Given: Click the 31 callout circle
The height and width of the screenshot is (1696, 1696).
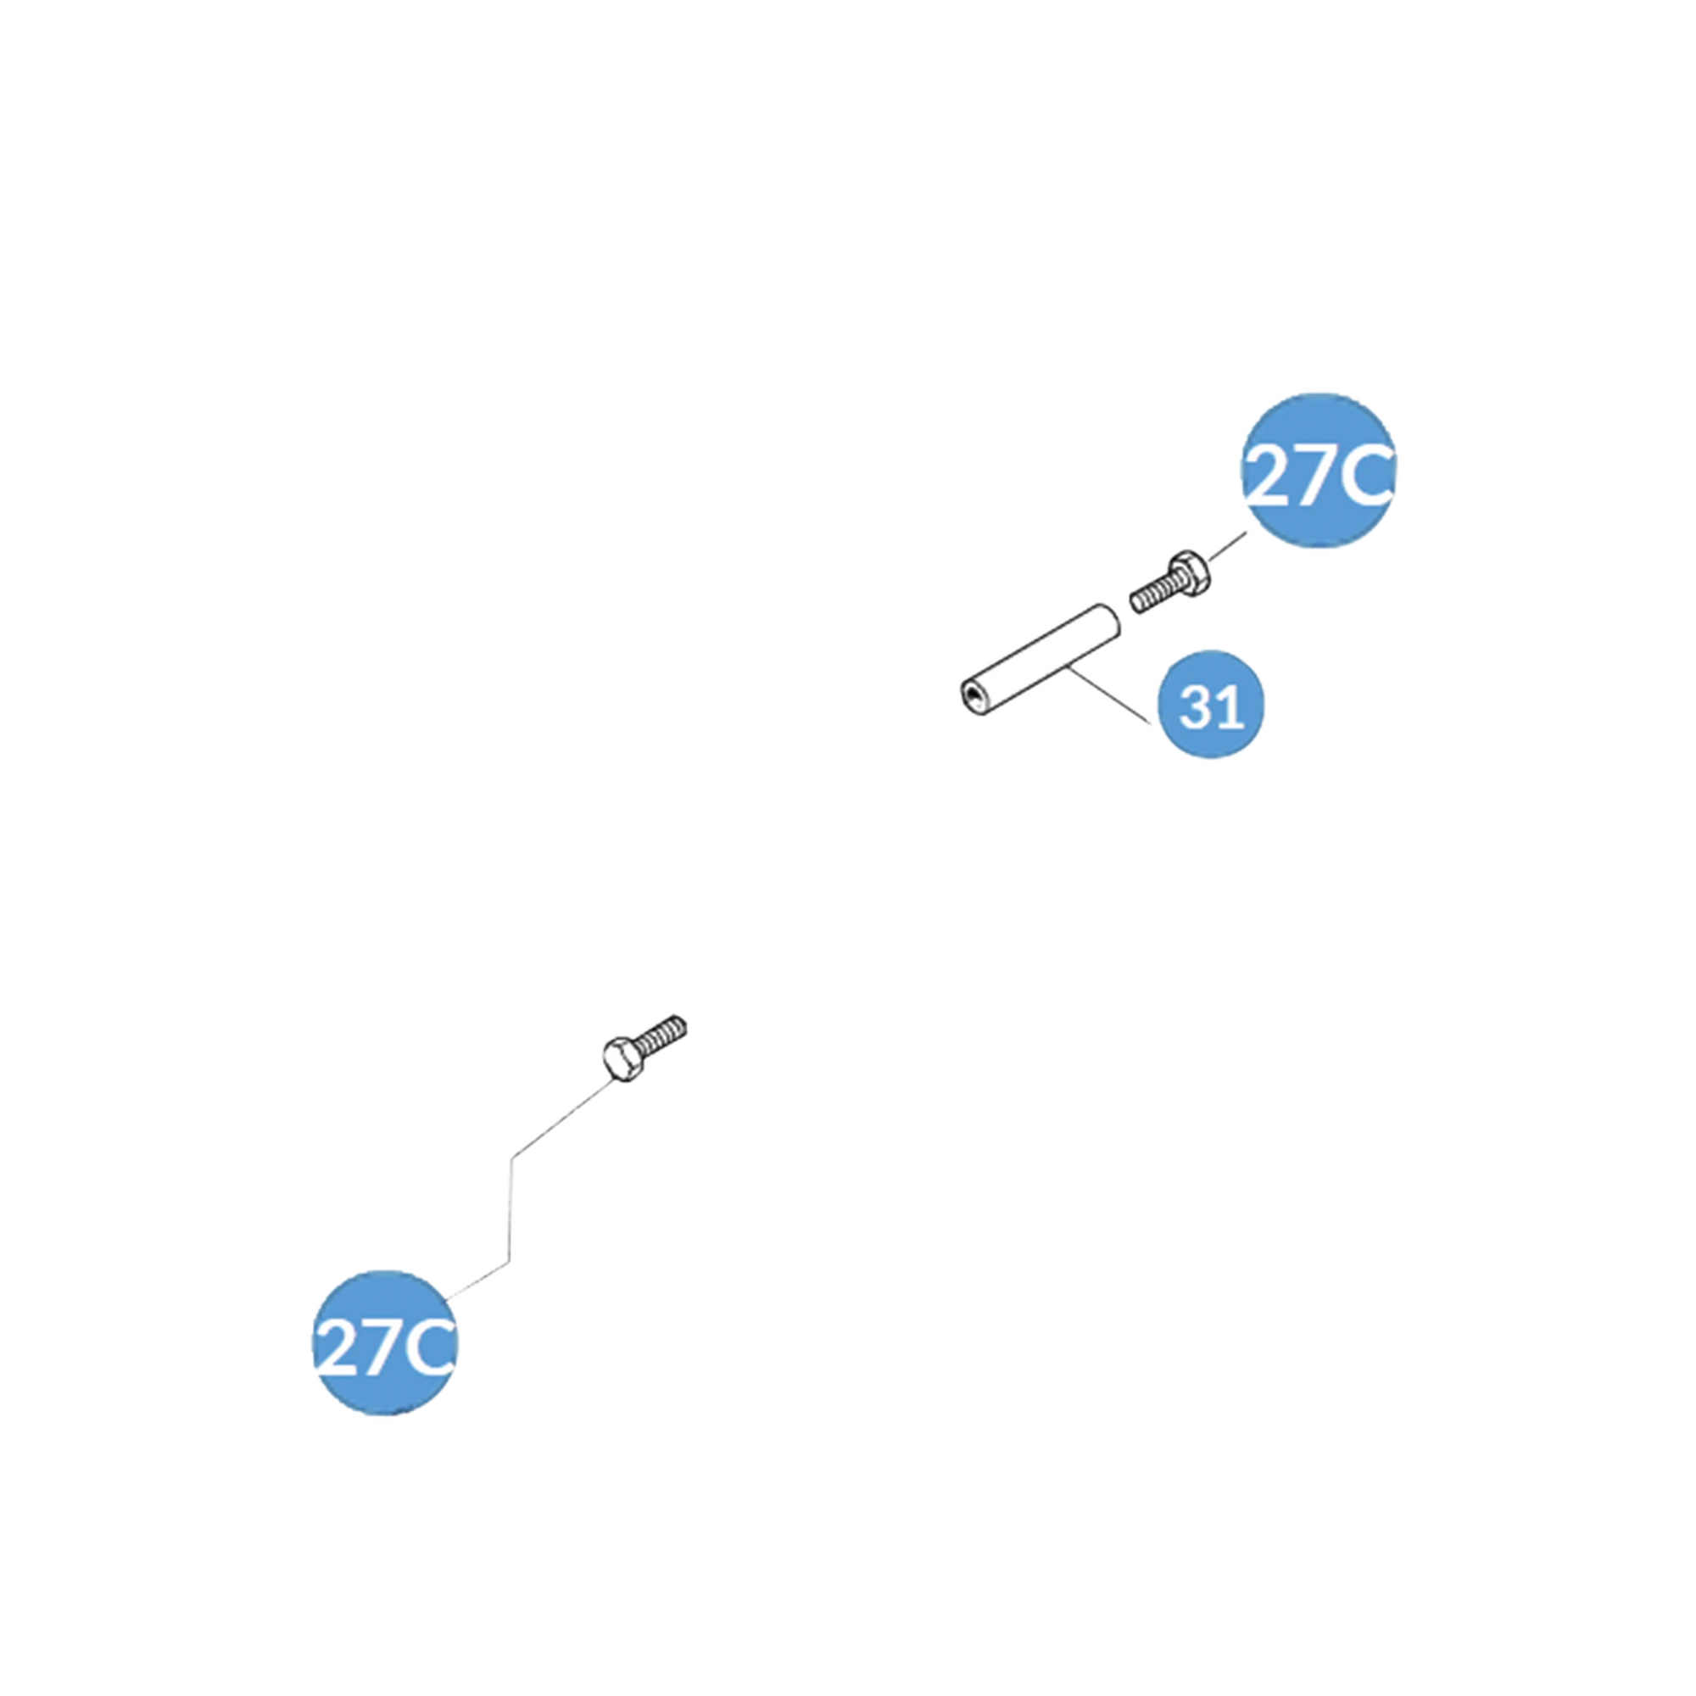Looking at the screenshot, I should point(1212,705).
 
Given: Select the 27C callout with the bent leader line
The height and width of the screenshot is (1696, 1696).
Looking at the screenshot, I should point(382,1342).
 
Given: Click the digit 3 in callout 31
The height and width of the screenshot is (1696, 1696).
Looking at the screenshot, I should point(1196,706).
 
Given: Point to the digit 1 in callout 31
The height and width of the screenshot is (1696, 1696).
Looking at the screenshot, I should point(1230,706).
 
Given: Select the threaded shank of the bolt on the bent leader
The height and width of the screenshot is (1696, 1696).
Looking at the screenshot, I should point(666,1031).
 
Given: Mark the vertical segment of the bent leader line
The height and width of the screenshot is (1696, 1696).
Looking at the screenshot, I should point(509,1206).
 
